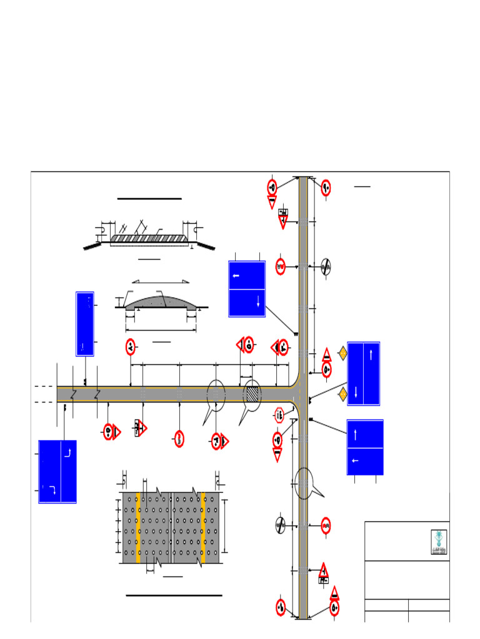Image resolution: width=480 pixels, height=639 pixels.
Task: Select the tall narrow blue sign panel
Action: click(85, 323)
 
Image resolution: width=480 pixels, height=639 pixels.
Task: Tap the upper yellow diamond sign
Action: click(342, 354)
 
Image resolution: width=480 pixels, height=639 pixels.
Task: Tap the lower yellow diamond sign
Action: click(342, 394)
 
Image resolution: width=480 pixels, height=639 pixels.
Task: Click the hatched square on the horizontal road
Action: click(251, 394)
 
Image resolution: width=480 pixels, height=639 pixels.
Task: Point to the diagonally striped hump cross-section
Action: click(149, 238)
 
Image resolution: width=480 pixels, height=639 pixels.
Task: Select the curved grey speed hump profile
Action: click(161, 302)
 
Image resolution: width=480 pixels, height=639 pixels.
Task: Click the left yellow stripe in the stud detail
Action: click(138, 527)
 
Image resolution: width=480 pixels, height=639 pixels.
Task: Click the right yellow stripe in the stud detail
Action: click(203, 527)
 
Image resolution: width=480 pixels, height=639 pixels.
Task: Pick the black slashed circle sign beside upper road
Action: click(325, 266)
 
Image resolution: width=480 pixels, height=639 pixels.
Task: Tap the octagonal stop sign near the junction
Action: click(279, 414)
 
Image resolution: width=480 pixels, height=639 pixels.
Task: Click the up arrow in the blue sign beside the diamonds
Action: click(371, 354)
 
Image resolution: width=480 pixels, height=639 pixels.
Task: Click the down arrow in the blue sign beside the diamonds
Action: click(356, 392)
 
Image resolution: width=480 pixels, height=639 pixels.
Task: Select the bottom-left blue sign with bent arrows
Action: click(57, 471)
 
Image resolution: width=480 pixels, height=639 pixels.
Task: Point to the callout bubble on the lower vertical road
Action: click(303, 483)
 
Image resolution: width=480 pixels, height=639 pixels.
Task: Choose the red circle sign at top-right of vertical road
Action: click(326, 187)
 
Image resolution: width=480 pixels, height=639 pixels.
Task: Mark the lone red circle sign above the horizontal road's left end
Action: click(130, 346)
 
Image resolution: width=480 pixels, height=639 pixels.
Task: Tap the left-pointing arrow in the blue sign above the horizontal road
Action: click(236, 275)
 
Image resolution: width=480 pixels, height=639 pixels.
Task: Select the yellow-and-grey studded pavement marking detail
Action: click(171, 527)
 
